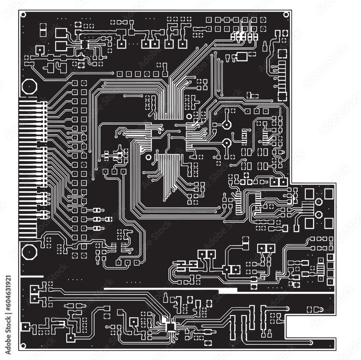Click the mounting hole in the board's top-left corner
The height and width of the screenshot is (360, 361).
(23, 15)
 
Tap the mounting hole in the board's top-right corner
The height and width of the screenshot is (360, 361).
(286, 15)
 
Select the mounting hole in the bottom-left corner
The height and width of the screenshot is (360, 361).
(23, 346)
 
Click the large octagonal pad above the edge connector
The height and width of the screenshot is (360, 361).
(29, 87)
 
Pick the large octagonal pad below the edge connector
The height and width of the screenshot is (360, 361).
(29, 252)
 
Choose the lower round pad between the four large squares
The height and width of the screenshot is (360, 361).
(319, 215)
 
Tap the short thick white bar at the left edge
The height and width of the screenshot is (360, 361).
(31, 277)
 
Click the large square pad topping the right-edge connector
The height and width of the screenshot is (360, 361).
(282, 54)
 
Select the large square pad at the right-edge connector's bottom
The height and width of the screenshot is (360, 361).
(282, 96)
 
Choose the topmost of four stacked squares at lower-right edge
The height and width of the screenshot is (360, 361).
(330, 257)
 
